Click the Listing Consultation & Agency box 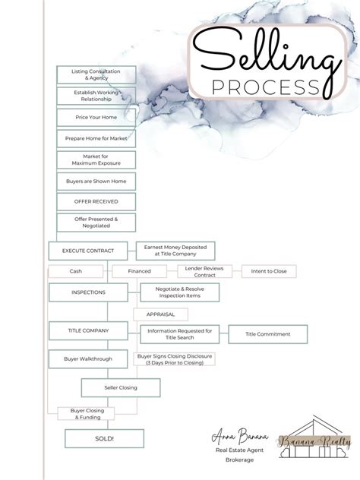96,74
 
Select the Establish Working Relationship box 96,96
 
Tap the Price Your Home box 96,118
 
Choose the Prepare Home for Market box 96,139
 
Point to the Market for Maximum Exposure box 96,159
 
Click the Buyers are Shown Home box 96,181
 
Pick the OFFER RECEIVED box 96,201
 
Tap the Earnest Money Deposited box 175,250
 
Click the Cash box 76,271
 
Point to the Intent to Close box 269,271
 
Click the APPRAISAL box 160,313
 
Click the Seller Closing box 121,388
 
